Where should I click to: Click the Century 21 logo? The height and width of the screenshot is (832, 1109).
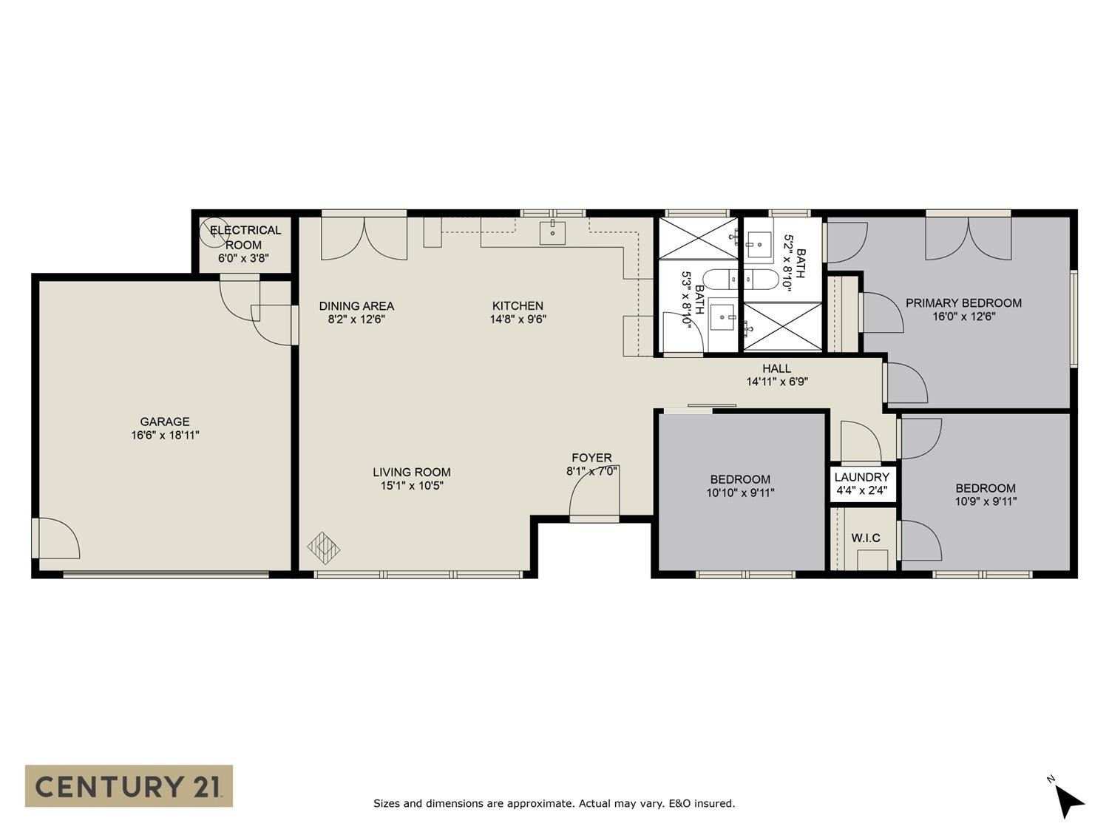[129, 786]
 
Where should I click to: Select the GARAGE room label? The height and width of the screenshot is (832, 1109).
[165, 422]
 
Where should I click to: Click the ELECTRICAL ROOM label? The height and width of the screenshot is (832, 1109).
[245, 237]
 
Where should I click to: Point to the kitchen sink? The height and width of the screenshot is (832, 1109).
[552, 232]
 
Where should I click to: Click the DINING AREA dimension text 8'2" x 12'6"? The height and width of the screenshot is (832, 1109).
[356, 319]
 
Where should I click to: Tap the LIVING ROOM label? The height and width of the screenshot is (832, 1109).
[412, 472]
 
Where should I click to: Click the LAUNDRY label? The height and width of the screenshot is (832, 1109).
[862, 477]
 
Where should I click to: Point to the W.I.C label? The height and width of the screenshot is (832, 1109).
[866, 538]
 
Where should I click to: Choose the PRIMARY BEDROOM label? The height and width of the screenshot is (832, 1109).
[963, 303]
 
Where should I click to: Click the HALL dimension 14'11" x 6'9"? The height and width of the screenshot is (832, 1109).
[777, 382]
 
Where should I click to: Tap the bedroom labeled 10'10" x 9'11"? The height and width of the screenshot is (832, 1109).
[740, 485]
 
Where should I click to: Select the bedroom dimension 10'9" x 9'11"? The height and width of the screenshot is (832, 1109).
[986, 501]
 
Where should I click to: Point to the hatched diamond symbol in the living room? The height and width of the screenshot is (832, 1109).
[324, 547]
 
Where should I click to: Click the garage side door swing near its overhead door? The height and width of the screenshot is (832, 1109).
[59, 538]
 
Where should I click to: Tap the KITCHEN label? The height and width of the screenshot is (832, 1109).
[518, 305]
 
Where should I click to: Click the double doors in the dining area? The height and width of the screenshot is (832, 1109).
[364, 238]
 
